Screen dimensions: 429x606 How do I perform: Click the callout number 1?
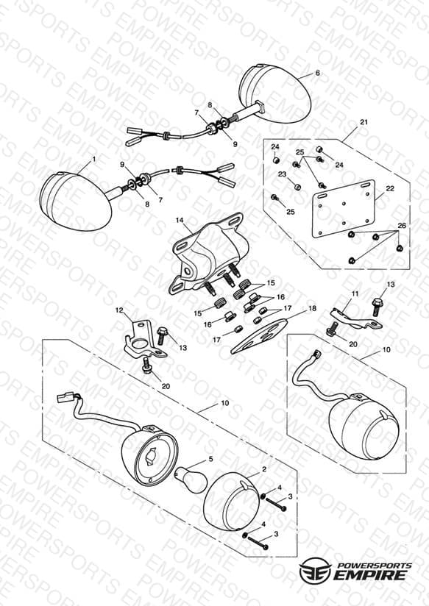tap(93, 158)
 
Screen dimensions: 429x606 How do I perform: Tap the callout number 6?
tap(318, 73)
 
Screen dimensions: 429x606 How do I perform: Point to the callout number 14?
tap(180, 220)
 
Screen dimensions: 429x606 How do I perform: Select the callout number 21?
tap(364, 122)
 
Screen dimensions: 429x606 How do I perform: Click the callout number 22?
tap(390, 188)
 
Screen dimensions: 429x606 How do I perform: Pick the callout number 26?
tap(402, 225)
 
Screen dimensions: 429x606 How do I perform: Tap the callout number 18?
tap(312, 308)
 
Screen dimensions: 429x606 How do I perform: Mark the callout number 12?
tap(119, 310)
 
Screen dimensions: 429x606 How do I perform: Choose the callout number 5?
tap(211, 459)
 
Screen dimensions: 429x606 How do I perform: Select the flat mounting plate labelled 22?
tap(344, 208)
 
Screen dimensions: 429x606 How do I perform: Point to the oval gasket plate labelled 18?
tap(259, 336)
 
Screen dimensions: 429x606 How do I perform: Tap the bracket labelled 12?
tap(144, 339)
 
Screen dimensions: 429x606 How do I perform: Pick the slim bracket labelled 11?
tap(355, 318)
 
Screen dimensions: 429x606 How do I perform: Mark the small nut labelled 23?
tap(297, 187)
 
